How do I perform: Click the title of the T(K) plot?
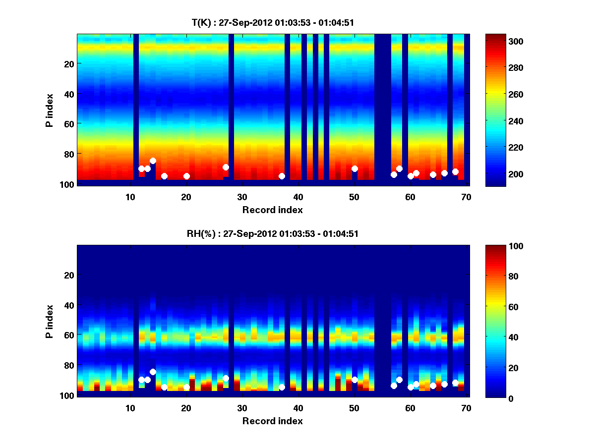click(x=273, y=22)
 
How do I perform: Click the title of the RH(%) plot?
click(x=273, y=233)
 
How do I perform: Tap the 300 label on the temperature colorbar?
click(x=497, y=41)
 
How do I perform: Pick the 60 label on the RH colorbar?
click(x=495, y=307)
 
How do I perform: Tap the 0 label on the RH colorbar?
click(x=493, y=397)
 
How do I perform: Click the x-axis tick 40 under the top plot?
click(x=298, y=197)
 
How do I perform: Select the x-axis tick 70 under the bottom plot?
click(x=466, y=408)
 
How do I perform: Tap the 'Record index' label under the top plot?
click(x=273, y=210)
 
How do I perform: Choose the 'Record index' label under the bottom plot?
click(x=273, y=421)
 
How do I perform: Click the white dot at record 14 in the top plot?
click(x=153, y=161)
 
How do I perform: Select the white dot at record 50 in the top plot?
click(x=355, y=168)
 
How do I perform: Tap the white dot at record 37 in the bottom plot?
click(x=282, y=387)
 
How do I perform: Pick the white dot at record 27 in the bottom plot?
click(x=226, y=378)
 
